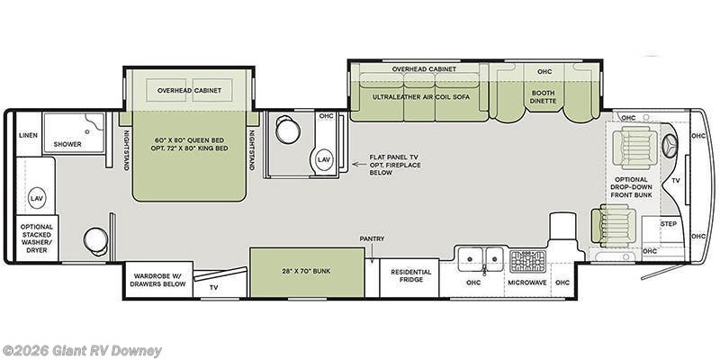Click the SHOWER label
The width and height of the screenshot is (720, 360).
click(x=67, y=144)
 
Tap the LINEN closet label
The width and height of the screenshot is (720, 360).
click(x=28, y=135)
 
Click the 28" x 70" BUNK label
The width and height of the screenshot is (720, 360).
click(x=307, y=271)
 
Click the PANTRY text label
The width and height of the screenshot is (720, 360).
click(x=372, y=238)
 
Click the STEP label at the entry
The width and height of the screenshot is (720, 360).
click(x=669, y=222)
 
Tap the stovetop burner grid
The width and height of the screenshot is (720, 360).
click(x=526, y=260)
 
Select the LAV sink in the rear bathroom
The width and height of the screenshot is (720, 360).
click(x=37, y=197)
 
